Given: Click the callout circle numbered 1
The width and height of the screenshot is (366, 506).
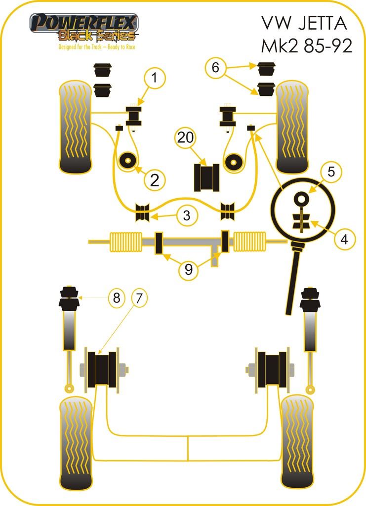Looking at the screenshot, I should [155, 78].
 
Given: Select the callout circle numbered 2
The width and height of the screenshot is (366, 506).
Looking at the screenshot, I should [155, 180].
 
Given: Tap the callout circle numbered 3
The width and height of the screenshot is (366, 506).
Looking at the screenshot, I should [186, 215].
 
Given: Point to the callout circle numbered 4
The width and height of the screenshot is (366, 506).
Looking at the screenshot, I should [344, 240].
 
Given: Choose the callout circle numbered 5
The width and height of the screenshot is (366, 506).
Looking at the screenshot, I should [330, 172].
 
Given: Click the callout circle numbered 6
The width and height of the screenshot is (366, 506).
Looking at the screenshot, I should [215, 67].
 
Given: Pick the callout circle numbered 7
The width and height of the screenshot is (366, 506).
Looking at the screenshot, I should [139, 298].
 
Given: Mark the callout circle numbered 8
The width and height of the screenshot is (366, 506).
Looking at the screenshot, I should [116, 298].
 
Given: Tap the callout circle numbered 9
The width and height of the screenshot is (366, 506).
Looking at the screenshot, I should [189, 270].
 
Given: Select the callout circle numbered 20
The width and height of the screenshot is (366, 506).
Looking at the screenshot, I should [185, 138].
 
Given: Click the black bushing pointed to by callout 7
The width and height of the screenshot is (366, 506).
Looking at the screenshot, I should [103, 369].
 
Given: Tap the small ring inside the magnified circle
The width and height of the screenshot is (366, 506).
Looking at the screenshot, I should [300, 199].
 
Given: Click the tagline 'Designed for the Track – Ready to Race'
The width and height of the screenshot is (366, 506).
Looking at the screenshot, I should [97, 47].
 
